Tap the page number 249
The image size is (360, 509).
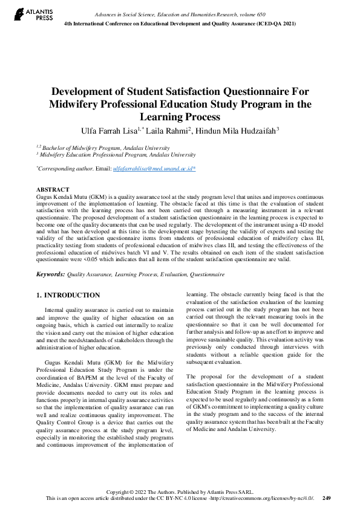tap(326, 498)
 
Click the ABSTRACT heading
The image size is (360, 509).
tap(53, 190)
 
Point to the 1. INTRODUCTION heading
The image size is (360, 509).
tap(68, 295)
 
